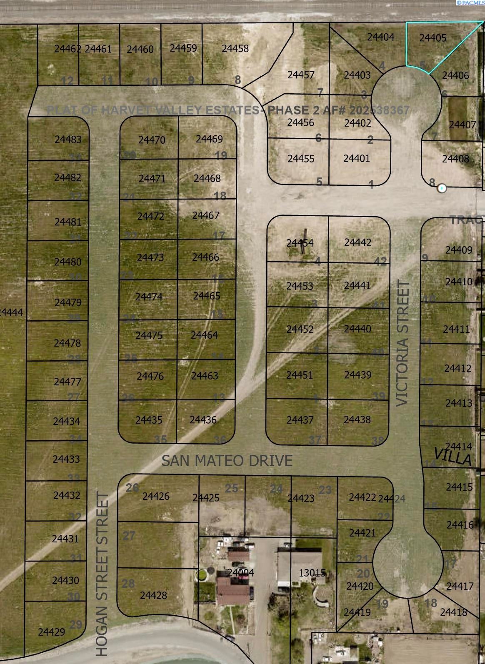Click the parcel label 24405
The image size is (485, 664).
432,38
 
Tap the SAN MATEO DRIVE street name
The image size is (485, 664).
227,461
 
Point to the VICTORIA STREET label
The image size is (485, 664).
402,343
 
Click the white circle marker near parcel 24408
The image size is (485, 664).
442,188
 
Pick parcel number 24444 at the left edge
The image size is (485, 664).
11,312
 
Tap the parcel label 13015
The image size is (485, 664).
312,573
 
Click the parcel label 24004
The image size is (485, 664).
241,573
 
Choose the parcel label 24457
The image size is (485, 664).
301,75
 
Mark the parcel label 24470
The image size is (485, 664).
152,140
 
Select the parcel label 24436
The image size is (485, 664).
203,420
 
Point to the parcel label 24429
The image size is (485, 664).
51,632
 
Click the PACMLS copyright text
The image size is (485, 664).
470,3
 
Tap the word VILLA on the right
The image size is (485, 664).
452,457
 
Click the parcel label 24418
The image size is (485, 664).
453,612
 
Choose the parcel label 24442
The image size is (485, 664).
357,242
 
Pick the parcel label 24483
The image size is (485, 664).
68,140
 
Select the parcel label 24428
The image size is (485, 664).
153,596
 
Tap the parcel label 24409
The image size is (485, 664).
459,250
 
